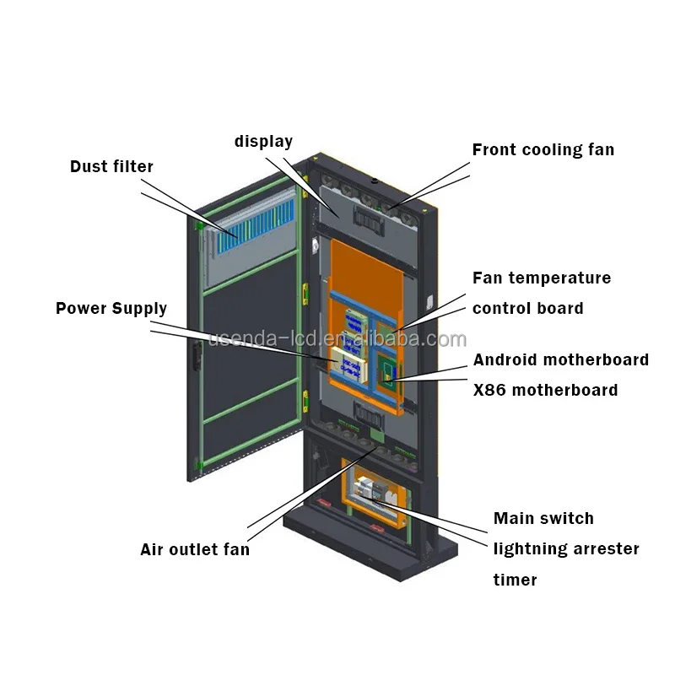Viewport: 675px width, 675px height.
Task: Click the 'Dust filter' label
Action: (x=111, y=166)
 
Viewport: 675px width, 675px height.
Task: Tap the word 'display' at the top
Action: (x=263, y=142)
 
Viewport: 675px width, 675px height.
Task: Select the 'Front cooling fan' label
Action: (x=543, y=150)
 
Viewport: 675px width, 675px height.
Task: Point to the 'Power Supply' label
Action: (x=111, y=308)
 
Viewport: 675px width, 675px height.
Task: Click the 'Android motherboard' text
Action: (x=560, y=360)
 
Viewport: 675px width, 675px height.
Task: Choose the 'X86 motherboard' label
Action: (x=545, y=390)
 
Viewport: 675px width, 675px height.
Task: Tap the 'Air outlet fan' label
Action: (x=195, y=550)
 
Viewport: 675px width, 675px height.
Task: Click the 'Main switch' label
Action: (x=543, y=518)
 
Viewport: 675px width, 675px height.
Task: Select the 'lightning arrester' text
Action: (x=566, y=549)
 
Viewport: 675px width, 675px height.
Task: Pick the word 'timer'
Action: (x=515, y=580)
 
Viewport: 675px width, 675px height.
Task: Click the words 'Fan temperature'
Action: (x=542, y=278)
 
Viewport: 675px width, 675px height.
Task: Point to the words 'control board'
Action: (x=527, y=308)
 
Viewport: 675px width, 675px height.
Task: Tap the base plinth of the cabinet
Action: (x=371, y=548)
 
